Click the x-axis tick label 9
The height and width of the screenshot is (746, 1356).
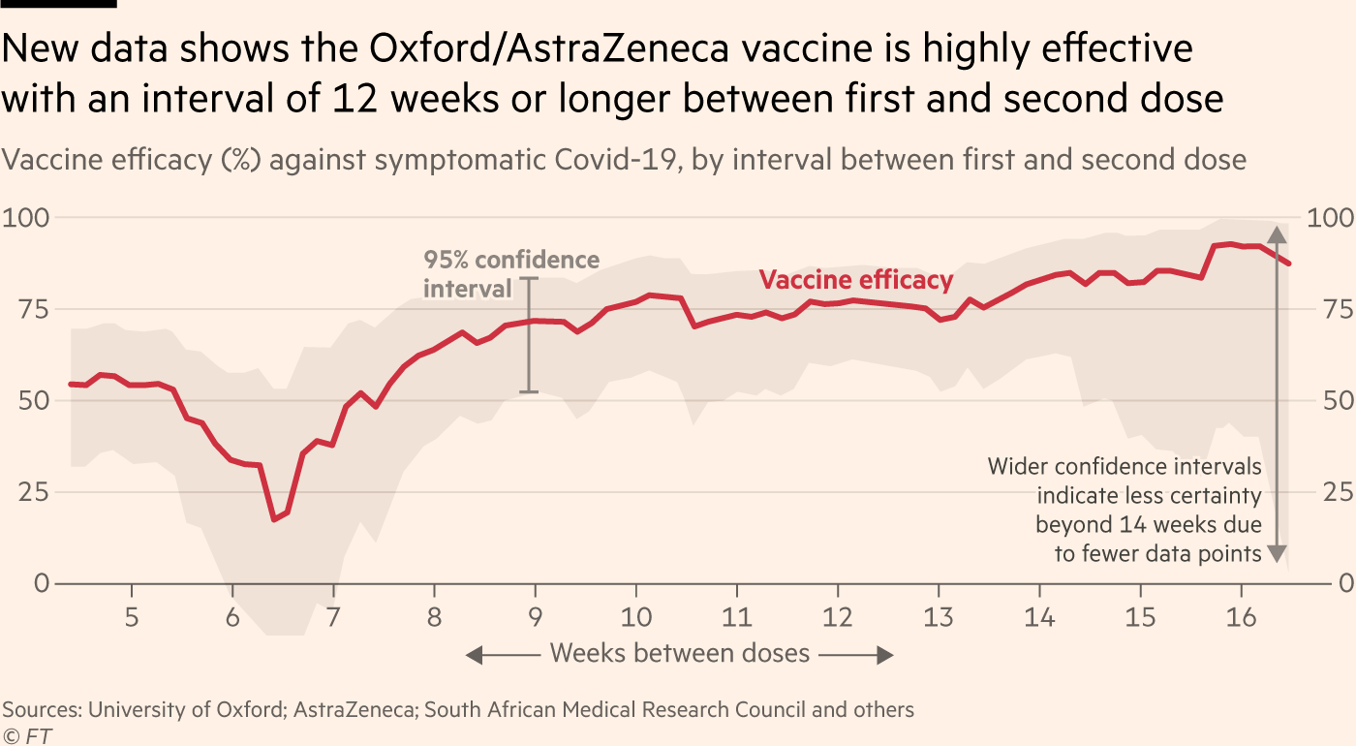(535, 617)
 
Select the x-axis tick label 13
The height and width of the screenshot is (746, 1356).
(939, 617)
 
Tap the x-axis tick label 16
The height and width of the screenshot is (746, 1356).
(1241, 617)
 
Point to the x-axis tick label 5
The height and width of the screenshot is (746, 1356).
(132, 617)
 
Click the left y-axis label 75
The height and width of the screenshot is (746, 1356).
(34, 309)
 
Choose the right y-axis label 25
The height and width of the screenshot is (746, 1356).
(1339, 492)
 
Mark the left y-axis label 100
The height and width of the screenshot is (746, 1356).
(26, 217)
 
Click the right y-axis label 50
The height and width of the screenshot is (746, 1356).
(1339, 401)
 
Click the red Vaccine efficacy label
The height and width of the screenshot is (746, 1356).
(856, 280)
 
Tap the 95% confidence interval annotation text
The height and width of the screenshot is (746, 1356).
(511, 274)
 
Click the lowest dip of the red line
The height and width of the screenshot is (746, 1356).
(274, 519)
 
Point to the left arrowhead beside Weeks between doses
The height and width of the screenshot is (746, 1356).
(474, 655)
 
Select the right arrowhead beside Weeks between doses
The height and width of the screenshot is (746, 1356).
(885, 655)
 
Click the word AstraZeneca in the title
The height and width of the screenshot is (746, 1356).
(618, 48)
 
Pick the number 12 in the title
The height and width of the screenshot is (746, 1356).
(354, 99)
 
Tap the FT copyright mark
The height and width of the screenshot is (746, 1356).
(27, 735)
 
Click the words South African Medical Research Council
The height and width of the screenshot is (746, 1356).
(614, 709)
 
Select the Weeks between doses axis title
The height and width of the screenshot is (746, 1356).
(679, 653)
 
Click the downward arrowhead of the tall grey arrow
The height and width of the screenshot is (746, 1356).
(1277, 553)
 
